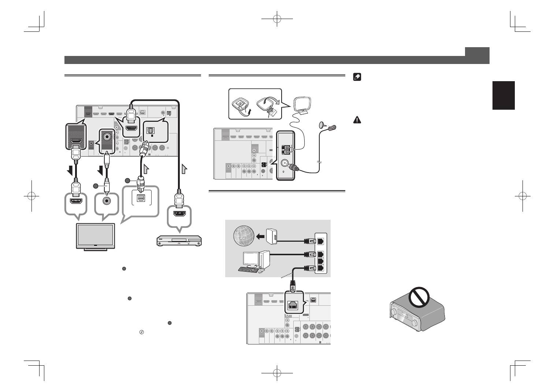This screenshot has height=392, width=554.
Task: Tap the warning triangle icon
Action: click(357, 120)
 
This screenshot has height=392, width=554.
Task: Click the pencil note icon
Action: click(357, 78)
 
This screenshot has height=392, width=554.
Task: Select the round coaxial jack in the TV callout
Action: click(107, 201)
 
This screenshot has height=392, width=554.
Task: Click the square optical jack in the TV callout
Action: click(141, 198)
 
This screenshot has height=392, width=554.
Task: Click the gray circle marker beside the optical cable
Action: click(127, 181)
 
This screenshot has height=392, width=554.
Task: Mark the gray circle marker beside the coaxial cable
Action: click(96, 186)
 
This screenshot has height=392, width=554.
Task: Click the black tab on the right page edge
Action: click(503, 95)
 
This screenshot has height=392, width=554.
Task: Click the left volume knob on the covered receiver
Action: click(394, 313)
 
